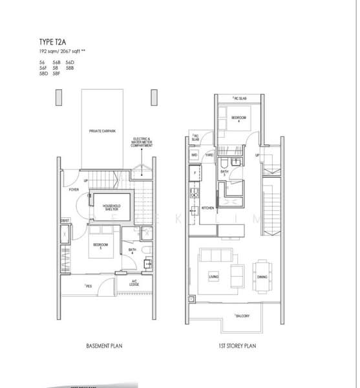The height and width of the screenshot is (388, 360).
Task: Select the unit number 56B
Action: [x=57, y=62]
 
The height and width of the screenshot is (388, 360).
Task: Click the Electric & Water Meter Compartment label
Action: [x=142, y=142]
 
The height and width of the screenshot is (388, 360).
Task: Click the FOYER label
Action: [x=75, y=190]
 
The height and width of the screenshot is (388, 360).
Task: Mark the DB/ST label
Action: [x=65, y=220]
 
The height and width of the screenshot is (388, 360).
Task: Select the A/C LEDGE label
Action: [x=134, y=283]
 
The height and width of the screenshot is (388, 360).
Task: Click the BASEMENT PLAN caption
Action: [x=104, y=346]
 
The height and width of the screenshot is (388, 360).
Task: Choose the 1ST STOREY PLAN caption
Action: [x=237, y=346]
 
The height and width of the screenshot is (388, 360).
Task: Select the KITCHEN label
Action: [x=208, y=208]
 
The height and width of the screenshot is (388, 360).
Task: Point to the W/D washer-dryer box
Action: [x=194, y=155]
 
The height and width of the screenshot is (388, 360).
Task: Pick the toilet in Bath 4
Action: [x=147, y=251]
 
